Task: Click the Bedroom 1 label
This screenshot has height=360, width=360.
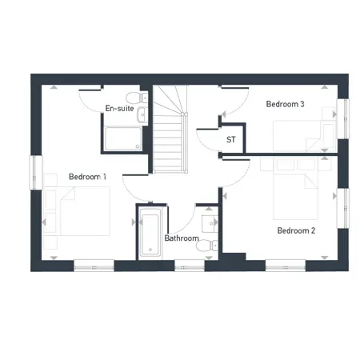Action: pyautogui.click(x=87, y=176)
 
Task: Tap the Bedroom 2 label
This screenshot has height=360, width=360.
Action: pyautogui.click(x=296, y=230)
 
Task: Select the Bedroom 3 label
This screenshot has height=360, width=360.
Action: pyautogui.click(x=285, y=104)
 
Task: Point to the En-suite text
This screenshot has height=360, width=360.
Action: pyautogui.click(x=119, y=108)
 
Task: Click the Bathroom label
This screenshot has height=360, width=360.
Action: pyautogui.click(x=182, y=238)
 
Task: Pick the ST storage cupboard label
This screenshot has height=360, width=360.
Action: pyautogui.click(x=231, y=140)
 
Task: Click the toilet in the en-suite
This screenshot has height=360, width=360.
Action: pyautogui.click(x=142, y=98)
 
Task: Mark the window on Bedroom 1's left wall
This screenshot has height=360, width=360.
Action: pyautogui.click(x=34, y=173)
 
